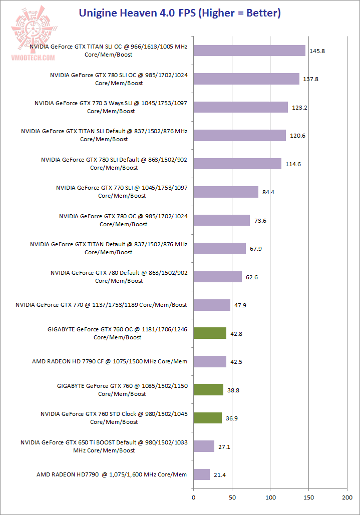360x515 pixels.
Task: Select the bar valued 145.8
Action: click(x=249, y=51)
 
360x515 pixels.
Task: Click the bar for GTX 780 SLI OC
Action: click(x=246, y=79)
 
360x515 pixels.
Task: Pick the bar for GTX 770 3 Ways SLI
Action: click(x=240, y=107)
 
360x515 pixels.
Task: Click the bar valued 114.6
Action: click(x=237, y=164)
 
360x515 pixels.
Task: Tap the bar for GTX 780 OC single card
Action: click(x=221, y=220)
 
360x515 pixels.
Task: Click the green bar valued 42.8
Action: click(x=210, y=333)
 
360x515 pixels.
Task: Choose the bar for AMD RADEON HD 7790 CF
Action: click(x=210, y=361)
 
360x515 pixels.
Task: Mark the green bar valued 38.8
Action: click(x=208, y=389)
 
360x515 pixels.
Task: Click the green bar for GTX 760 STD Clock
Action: click(x=207, y=418)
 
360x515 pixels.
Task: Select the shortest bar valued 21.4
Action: click(x=201, y=474)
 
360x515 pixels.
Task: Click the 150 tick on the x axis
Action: click(x=308, y=498)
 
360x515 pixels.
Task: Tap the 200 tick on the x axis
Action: click(x=347, y=498)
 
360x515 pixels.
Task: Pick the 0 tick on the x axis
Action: click(x=193, y=498)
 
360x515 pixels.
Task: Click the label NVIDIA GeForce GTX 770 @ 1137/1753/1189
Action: click(x=101, y=305)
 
